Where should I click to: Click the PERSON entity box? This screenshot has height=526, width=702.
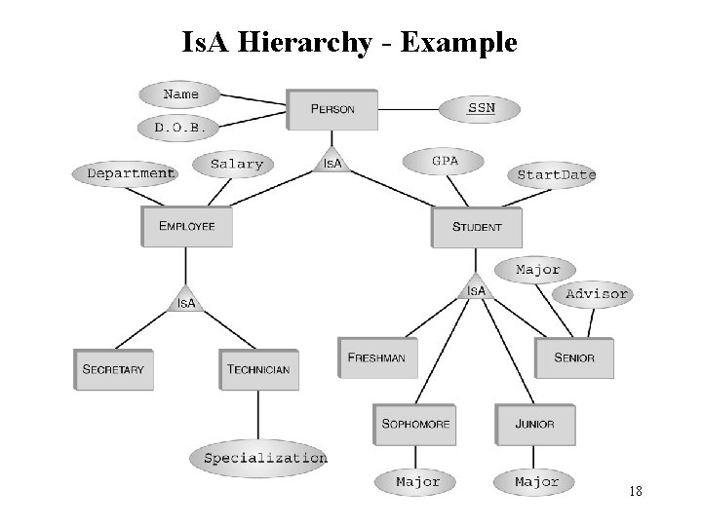(332, 109)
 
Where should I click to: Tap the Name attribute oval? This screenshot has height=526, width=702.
(180, 94)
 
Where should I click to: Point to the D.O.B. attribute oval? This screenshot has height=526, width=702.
(179, 128)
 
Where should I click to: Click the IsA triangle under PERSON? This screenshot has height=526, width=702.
(332, 161)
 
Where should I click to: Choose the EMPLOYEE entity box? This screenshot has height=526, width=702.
(187, 226)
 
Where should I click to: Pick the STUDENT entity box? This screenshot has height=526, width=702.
(477, 227)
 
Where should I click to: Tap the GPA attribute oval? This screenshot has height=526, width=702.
(445, 160)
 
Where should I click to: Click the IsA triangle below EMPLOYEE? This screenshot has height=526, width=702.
(186, 301)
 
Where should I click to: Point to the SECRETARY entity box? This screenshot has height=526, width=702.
(113, 369)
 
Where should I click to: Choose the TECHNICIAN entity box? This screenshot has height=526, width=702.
(257, 369)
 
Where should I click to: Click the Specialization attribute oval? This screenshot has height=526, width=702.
(265, 458)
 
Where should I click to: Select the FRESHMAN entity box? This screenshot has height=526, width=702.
(376, 357)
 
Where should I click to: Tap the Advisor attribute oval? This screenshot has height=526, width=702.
(597, 293)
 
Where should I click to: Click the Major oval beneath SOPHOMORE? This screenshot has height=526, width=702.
(417, 482)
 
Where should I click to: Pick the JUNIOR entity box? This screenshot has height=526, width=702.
(534, 424)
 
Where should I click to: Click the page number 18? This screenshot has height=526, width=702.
(635, 491)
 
